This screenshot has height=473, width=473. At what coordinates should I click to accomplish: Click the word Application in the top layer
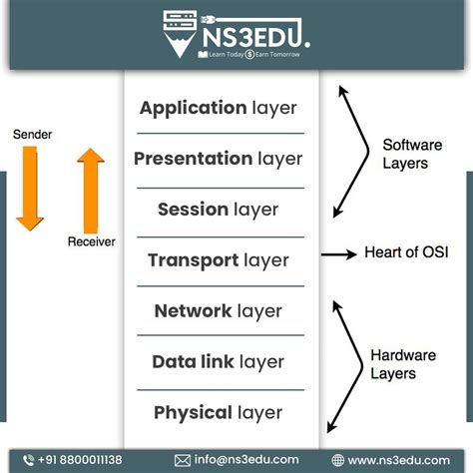(x=193, y=108)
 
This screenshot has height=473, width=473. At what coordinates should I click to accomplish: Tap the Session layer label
(x=218, y=210)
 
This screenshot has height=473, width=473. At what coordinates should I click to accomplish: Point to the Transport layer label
(x=218, y=260)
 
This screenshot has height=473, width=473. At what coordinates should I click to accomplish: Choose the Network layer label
(x=220, y=311)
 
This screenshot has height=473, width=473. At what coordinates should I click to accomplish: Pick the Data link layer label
(x=218, y=362)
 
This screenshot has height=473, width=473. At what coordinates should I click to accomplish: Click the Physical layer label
(x=218, y=412)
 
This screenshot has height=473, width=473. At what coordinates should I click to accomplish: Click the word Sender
(x=33, y=133)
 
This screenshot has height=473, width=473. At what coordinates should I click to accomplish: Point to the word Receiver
(x=91, y=241)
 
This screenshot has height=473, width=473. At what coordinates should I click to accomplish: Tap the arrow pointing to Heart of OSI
(x=339, y=254)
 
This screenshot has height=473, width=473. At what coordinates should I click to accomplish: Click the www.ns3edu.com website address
(x=403, y=460)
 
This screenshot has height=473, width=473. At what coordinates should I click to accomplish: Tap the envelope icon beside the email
(x=183, y=460)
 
